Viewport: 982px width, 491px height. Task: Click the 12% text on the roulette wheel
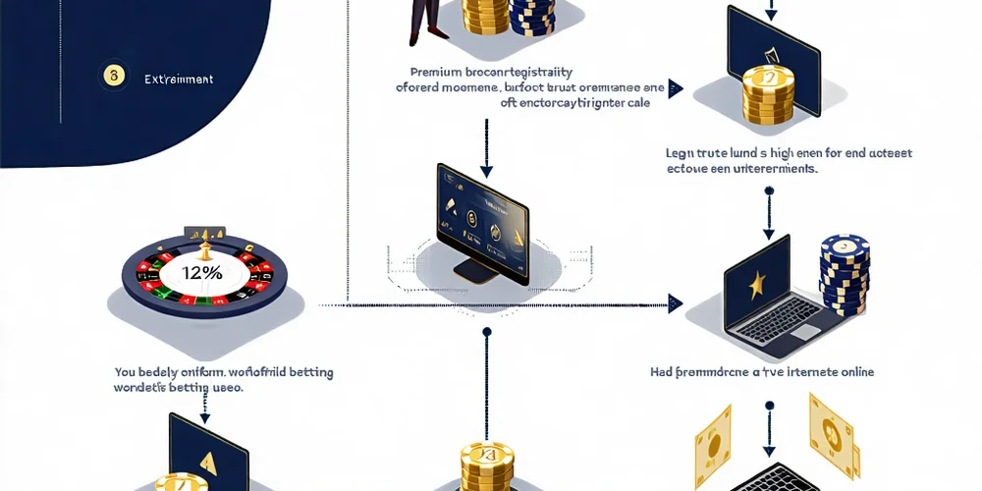coord(203,273)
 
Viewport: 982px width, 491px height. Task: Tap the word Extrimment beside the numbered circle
coord(178,79)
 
